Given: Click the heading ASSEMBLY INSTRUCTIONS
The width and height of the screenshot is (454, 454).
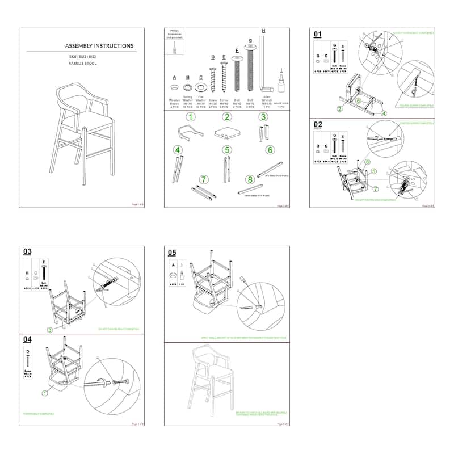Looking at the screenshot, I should click(x=99, y=46).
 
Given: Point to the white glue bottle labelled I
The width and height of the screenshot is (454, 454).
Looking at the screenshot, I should click(x=280, y=83).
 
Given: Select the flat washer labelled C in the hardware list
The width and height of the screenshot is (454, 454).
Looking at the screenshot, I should click(x=200, y=87).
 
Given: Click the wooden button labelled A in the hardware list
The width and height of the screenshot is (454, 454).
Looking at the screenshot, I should click(x=175, y=87).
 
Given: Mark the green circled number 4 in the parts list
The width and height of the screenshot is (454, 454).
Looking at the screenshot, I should click(x=178, y=150).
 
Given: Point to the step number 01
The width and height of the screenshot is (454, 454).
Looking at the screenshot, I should click(x=318, y=34).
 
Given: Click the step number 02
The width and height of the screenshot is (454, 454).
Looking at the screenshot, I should click(x=318, y=124).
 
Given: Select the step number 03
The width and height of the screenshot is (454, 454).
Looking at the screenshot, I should click(x=27, y=251).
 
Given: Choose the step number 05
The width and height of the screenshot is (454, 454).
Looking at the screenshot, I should click(x=172, y=252).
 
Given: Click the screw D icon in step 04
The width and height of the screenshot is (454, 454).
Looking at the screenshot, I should click(x=27, y=359).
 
